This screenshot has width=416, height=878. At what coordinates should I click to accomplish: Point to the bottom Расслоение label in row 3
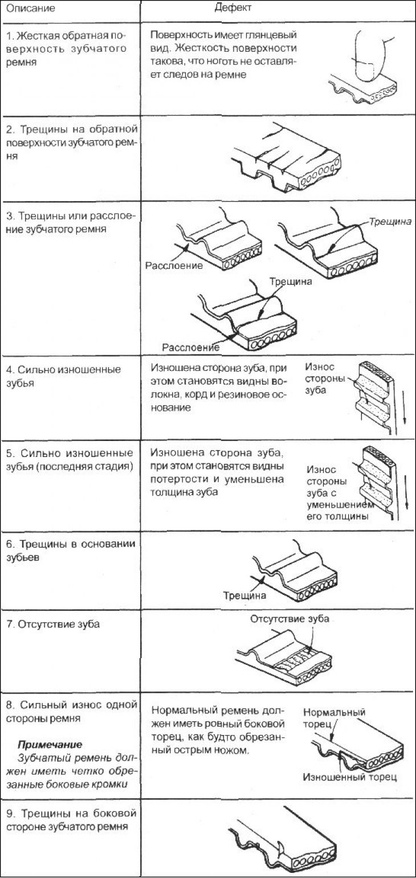click(x=191, y=347)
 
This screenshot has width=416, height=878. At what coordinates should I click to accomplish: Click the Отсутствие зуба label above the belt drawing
click(x=289, y=619)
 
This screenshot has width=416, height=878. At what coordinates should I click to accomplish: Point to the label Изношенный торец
click(x=350, y=777)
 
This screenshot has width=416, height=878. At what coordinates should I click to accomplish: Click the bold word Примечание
click(x=50, y=744)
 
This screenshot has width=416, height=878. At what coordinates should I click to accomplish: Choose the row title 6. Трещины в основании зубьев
click(x=71, y=550)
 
